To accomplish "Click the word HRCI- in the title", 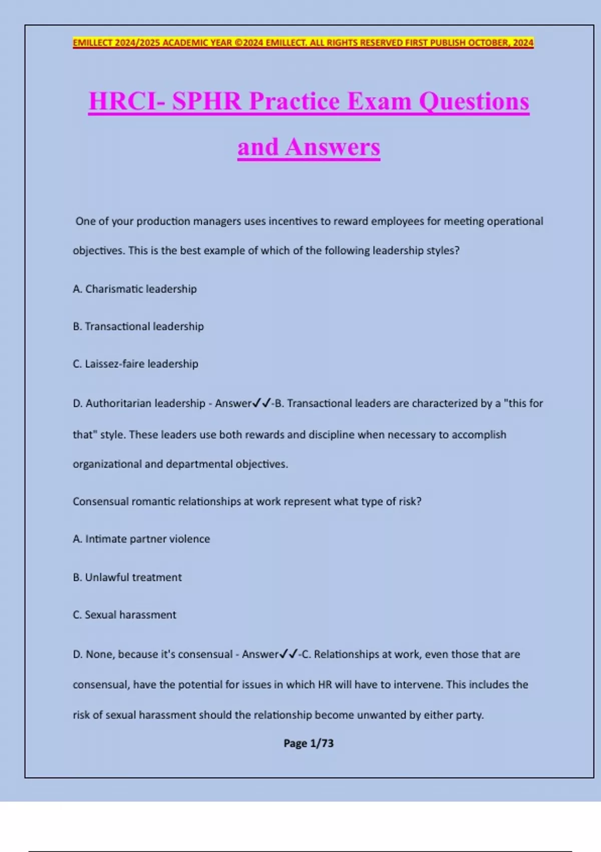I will (x=127, y=101).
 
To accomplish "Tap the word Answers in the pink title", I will (x=333, y=147).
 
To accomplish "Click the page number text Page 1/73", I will (x=309, y=743).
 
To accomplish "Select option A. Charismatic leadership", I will (x=135, y=289).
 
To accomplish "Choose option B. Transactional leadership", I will (x=138, y=327).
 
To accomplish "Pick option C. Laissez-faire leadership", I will (x=135, y=364).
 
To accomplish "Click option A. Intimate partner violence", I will (x=141, y=539).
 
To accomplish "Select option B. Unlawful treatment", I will (x=127, y=577).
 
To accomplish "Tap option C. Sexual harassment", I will (x=124, y=615).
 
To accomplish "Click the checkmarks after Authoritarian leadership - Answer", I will (x=261, y=403).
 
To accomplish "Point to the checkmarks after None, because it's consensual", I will (x=288, y=654).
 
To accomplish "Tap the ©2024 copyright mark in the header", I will (x=249, y=43).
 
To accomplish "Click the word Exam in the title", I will (x=379, y=101).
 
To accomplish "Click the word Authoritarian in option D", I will (x=120, y=403).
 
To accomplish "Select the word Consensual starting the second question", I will (x=101, y=502).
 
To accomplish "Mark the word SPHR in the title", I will (x=207, y=101).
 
